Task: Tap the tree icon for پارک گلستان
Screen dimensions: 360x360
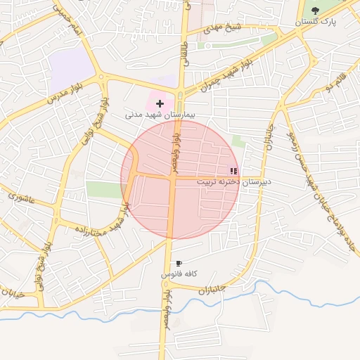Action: (315, 10)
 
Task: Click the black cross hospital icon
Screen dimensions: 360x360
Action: (160, 103)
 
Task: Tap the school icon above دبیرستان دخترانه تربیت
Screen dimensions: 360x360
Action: (233, 170)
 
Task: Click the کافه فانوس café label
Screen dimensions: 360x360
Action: (179, 273)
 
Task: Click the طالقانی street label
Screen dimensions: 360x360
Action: (185, 52)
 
